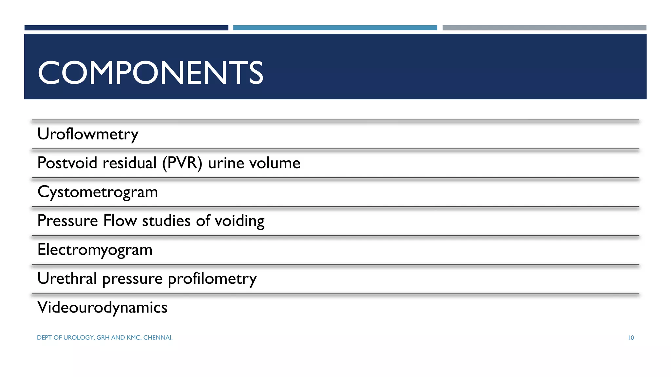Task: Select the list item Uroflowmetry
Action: point(88,134)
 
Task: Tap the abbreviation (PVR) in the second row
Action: point(182,163)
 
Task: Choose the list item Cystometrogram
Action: point(98,192)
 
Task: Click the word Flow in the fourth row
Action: point(120,221)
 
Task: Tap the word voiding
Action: point(240,221)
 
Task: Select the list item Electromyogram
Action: point(95,250)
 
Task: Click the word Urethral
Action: point(67,278)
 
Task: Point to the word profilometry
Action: point(212,279)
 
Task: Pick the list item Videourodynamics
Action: point(102,308)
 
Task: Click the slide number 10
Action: point(631,338)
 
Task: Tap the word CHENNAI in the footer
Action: point(158,338)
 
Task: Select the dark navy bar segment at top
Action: point(126,28)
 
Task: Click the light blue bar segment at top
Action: point(335,28)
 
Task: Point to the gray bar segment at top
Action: point(544,28)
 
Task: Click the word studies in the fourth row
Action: point(166,221)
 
